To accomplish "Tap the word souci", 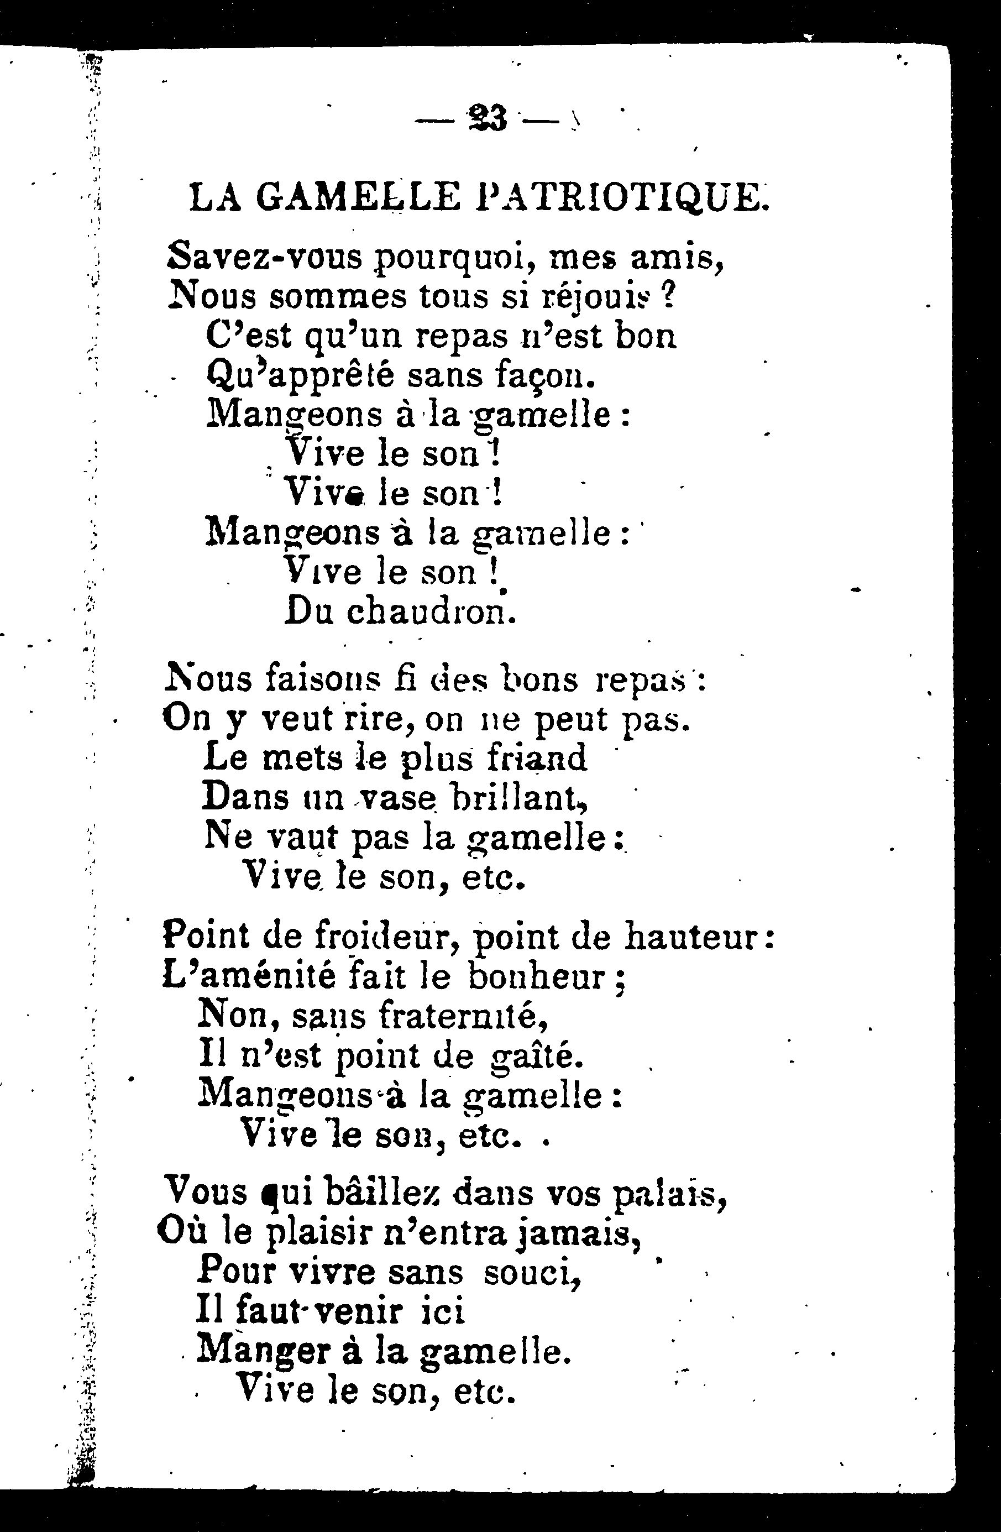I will pyautogui.click(x=532, y=1273).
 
